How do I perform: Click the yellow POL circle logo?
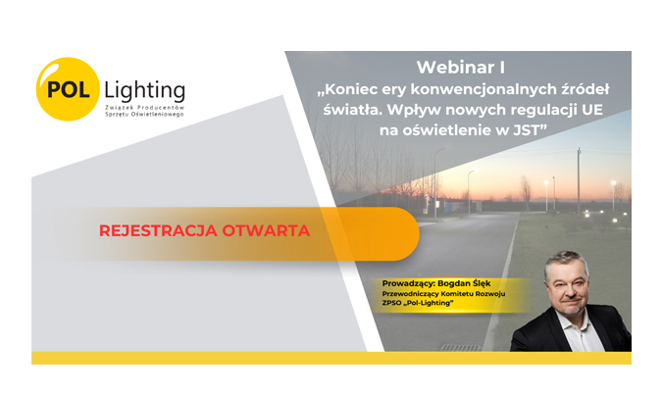[x=68, y=89]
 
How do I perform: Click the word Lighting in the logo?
[x=144, y=90]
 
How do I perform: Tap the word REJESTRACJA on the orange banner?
[x=158, y=230]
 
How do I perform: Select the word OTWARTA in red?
[x=266, y=230]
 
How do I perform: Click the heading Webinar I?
[x=461, y=68]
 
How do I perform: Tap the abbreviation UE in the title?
[x=592, y=110]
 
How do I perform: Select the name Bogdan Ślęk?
[x=464, y=283]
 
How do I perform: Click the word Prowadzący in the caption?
[x=408, y=284]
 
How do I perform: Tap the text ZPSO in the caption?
[x=391, y=303]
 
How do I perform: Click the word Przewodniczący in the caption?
[x=410, y=294]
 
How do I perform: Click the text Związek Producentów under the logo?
[x=144, y=108]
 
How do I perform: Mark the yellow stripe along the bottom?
[x=331, y=358]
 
